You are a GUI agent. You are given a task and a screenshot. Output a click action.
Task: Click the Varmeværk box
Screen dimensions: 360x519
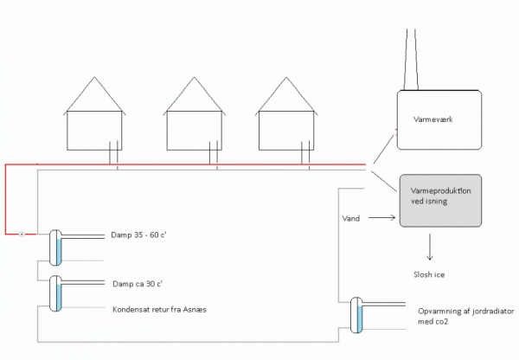pos(447,125)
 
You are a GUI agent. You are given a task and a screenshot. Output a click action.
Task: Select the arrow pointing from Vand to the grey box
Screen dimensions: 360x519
pos(381,220)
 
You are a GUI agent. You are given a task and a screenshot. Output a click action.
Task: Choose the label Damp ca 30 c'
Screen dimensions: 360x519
pos(138,283)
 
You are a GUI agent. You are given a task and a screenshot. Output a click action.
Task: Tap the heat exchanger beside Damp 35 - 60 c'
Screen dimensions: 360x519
pos(54,247)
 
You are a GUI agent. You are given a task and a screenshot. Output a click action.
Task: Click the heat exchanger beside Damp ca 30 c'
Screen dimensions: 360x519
pos(54,292)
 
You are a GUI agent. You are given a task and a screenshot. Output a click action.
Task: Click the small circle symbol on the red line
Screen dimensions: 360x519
pos(22,234)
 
